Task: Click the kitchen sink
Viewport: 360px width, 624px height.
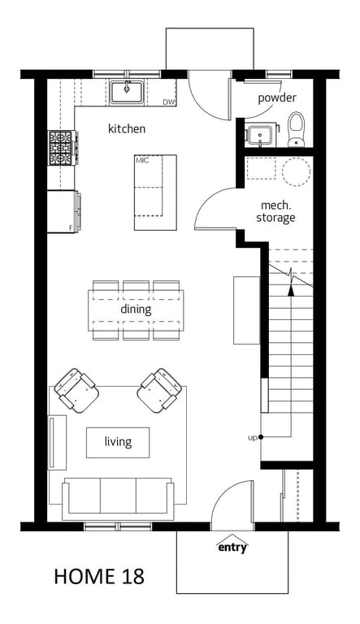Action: [127, 92]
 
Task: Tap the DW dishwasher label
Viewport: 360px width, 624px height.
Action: [169, 102]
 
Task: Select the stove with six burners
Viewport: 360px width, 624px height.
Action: [62, 148]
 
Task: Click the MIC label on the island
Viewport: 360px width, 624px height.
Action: [141, 160]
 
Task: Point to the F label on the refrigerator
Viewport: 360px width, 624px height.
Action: [71, 228]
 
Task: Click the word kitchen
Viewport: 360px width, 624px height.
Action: [127, 128]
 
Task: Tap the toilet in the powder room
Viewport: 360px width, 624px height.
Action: [296, 129]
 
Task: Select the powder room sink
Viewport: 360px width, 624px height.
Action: [260, 135]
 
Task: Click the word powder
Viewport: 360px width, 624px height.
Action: [277, 97]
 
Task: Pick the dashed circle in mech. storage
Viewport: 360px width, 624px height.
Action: [296, 171]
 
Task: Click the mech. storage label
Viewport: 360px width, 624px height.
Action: [276, 212]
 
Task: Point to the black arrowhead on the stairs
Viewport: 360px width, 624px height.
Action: [291, 291]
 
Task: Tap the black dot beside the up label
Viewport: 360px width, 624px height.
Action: [261, 437]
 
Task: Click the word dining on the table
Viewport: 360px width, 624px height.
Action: [136, 310]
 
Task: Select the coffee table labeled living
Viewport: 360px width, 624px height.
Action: [118, 442]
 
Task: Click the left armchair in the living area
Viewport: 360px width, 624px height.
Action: [76, 390]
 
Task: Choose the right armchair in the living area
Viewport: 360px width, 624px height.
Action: [159, 390]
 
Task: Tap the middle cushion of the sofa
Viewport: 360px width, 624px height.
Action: [118, 496]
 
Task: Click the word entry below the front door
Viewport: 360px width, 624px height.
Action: [232, 548]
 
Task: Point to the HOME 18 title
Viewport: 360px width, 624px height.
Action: [99, 577]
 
